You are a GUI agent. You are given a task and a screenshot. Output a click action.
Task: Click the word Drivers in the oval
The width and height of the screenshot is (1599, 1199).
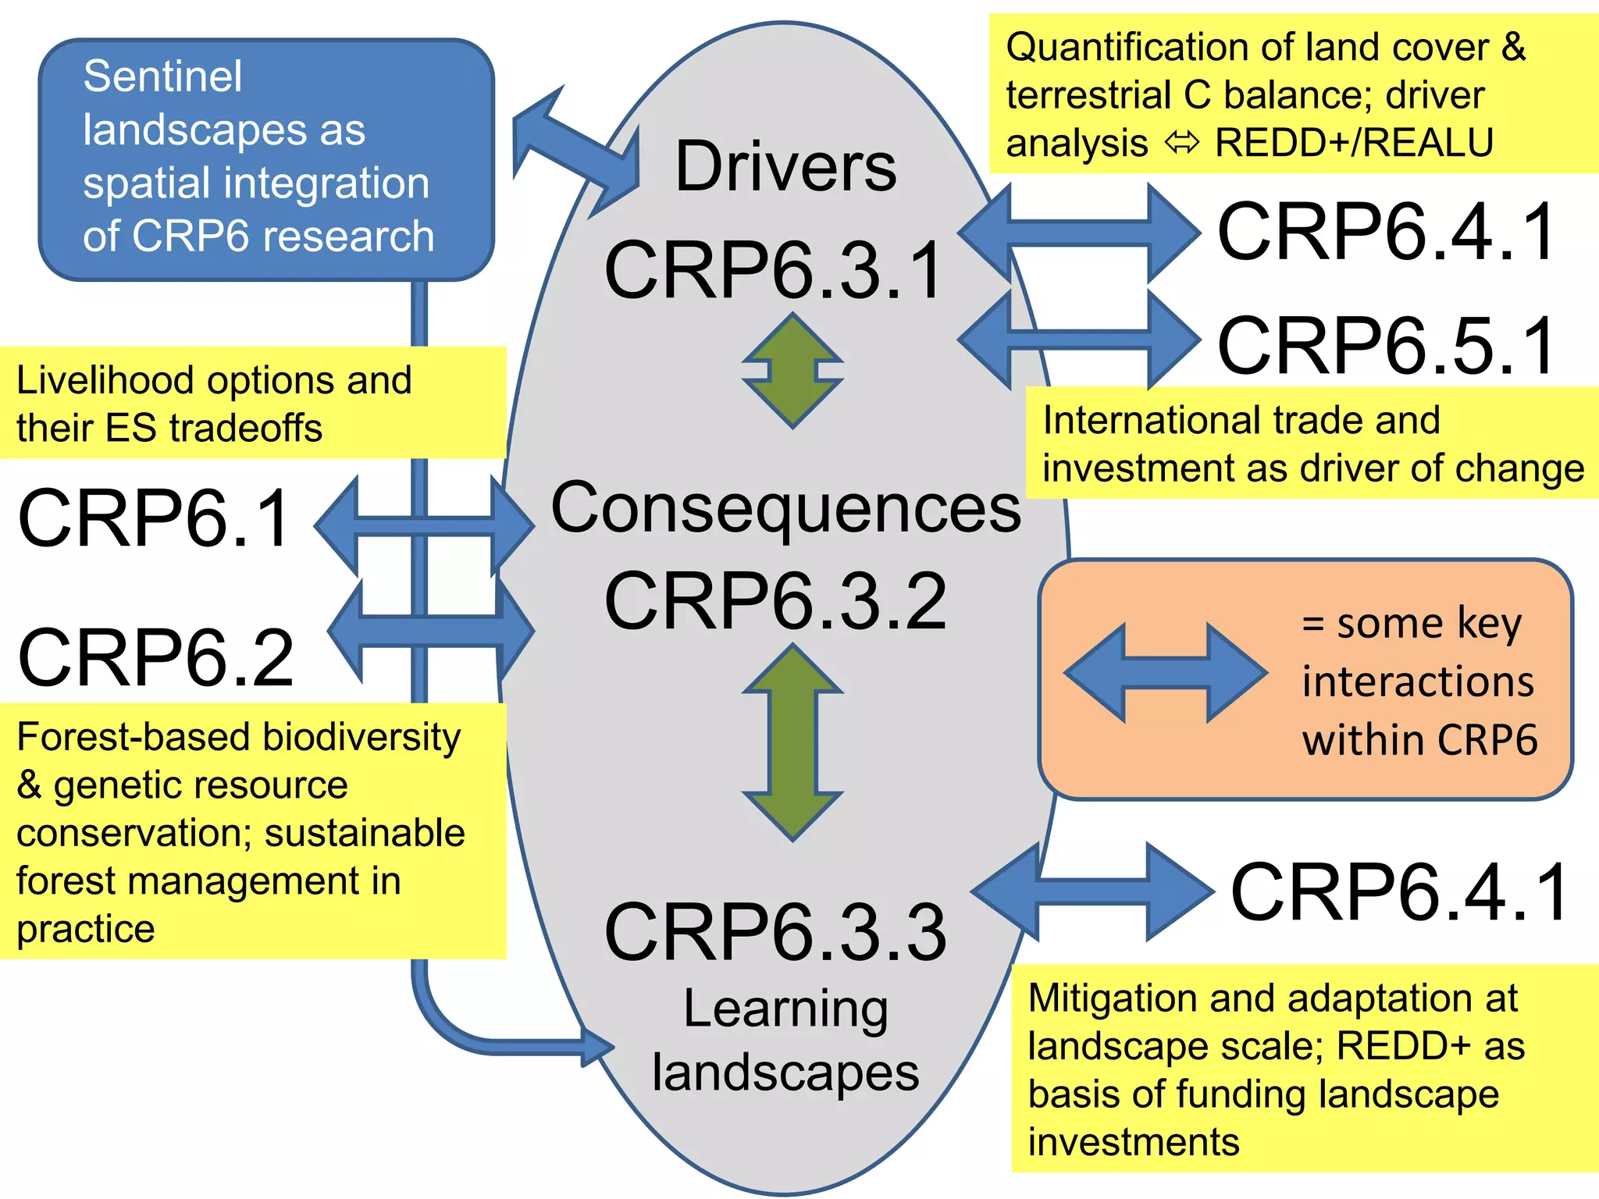coord(785,167)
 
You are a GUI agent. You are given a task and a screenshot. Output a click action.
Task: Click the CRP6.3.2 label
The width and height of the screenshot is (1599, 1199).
coord(775,602)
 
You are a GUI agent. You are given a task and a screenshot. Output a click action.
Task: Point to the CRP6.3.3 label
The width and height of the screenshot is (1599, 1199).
coord(775,932)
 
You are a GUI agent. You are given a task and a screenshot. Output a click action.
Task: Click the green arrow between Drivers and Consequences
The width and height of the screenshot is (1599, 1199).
coord(792,371)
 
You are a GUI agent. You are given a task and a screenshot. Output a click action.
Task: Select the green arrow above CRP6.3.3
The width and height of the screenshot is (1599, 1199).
coord(792,742)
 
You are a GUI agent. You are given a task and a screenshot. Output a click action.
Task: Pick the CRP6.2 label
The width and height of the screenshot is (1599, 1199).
coord(155,659)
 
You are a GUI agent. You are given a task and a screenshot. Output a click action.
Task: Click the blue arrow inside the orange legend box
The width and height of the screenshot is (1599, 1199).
coord(1165,672)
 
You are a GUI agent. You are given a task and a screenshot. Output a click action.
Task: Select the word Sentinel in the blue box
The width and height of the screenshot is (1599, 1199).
coord(162,76)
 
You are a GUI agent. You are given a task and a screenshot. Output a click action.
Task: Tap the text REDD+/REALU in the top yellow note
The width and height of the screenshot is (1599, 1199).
coord(1354,144)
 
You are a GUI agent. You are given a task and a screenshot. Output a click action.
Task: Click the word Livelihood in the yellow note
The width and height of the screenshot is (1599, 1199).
coord(105,381)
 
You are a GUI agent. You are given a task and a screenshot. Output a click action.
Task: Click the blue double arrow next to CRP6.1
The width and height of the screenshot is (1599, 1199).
coord(424,526)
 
